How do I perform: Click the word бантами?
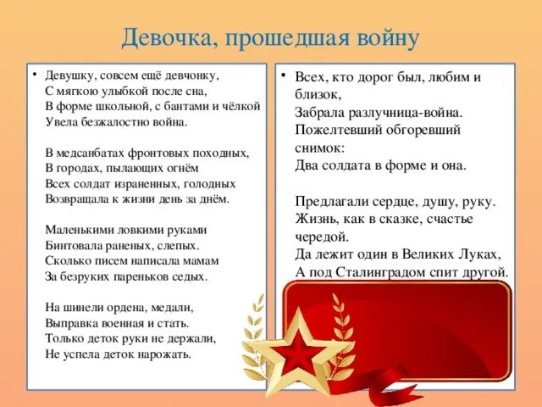[172, 106]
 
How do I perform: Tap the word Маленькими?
[79, 230]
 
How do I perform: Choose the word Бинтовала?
[73, 245]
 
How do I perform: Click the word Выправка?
[72, 322]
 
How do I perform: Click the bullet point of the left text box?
[34, 75]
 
